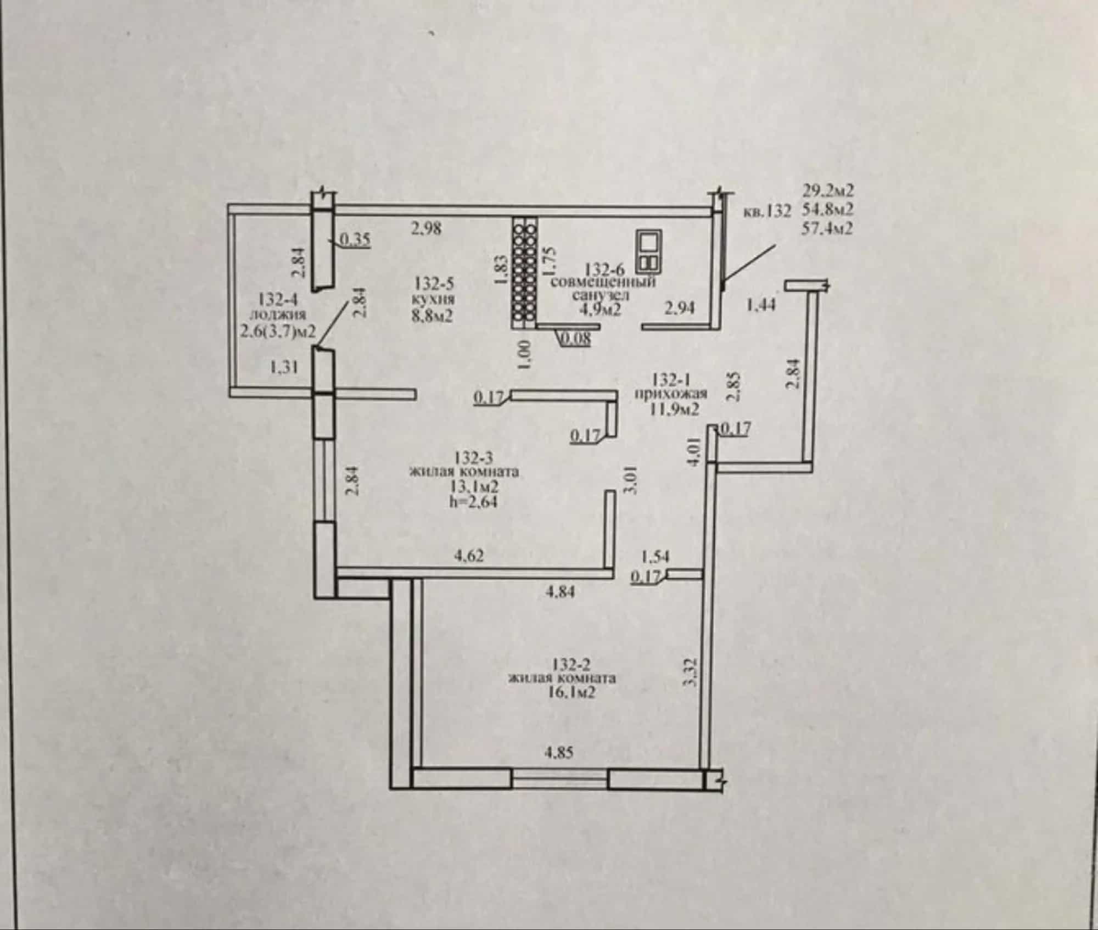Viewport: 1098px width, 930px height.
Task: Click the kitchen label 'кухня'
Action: tap(433, 300)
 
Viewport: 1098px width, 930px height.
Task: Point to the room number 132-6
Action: tap(605, 270)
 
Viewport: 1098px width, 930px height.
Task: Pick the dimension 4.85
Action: tap(559, 752)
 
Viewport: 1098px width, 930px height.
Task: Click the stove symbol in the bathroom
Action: tap(649, 252)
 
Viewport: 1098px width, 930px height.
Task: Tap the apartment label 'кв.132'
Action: tap(767, 211)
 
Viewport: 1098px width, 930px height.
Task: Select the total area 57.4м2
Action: tap(828, 227)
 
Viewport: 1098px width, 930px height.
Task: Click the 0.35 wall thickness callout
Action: tap(356, 239)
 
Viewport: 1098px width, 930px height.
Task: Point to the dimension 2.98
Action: tap(427, 228)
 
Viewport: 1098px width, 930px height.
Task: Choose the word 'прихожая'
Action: tap(671, 394)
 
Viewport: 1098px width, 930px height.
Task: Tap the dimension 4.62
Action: tap(469, 556)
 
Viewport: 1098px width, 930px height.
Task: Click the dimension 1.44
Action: tap(762, 304)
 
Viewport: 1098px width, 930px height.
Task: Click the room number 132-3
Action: tap(474, 457)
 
